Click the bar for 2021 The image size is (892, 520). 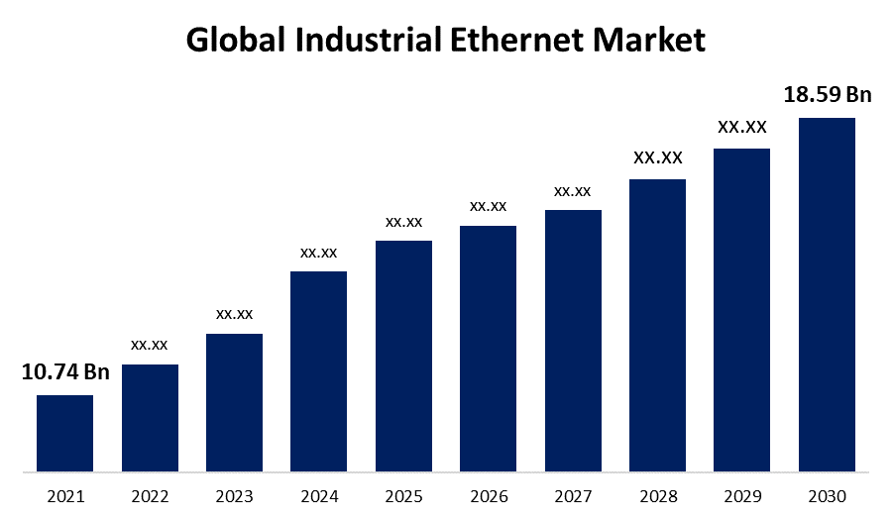[x=64, y=433]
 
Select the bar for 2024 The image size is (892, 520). [x=318, y=370]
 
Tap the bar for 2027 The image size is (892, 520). [x=573, y=340]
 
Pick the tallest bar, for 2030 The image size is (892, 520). [x=827, y=294]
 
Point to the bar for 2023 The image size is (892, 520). [x=234, y=402]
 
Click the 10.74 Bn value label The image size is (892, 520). [x=65, y=372]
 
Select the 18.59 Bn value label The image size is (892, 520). [x=827, y=95]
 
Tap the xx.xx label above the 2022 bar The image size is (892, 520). [x=150, y=345]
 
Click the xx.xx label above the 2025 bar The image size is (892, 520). [x=403, y=221]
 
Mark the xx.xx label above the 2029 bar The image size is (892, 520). [x=742, y=127]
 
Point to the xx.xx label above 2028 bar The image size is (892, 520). [x=658, y=157]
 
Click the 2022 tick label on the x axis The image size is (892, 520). [x=150, y=496]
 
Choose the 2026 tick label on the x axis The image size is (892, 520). [x=488, y=496]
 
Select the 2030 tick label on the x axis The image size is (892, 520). [x=827, y=496]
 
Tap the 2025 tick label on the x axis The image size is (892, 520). [x=403, y=496]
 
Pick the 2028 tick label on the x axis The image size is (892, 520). [x=658, y=496]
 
